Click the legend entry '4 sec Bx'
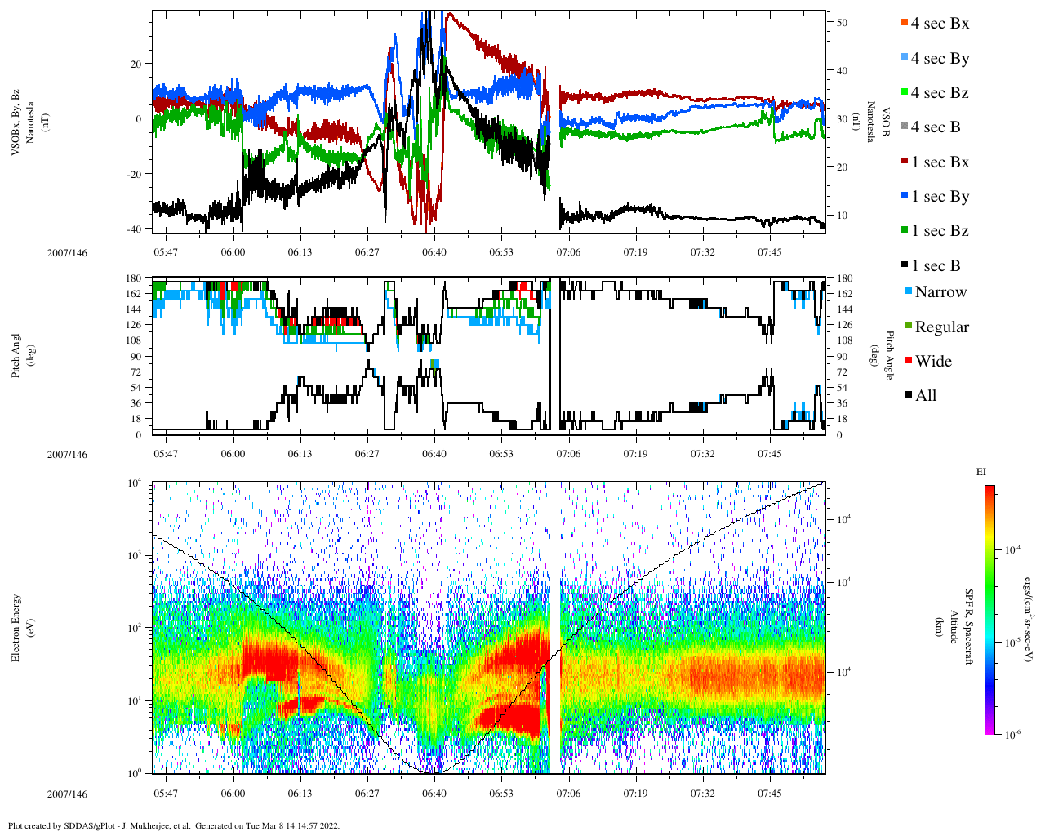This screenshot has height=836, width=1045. pyautogui.click(x=939, y=24)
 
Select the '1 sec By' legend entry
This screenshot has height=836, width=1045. pyautogui.click(x=939, y=197)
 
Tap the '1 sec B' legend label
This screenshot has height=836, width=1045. pyautogui.click(x=936, y=266)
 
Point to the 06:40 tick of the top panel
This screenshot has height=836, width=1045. pyautogui.click(x=434, y=251)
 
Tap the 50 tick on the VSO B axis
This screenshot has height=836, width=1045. pyautogui.click(x=842, y=23)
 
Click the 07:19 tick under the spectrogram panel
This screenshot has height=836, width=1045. pyautogui.click(x=635, y=794)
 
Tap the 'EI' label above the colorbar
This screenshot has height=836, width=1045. pyautogui.click(x=981, y=472)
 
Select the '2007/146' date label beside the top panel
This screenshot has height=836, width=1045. pyautogui.click(x=67, y=252)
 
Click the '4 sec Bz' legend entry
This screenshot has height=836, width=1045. pyautogui.click(x=939, y=93)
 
